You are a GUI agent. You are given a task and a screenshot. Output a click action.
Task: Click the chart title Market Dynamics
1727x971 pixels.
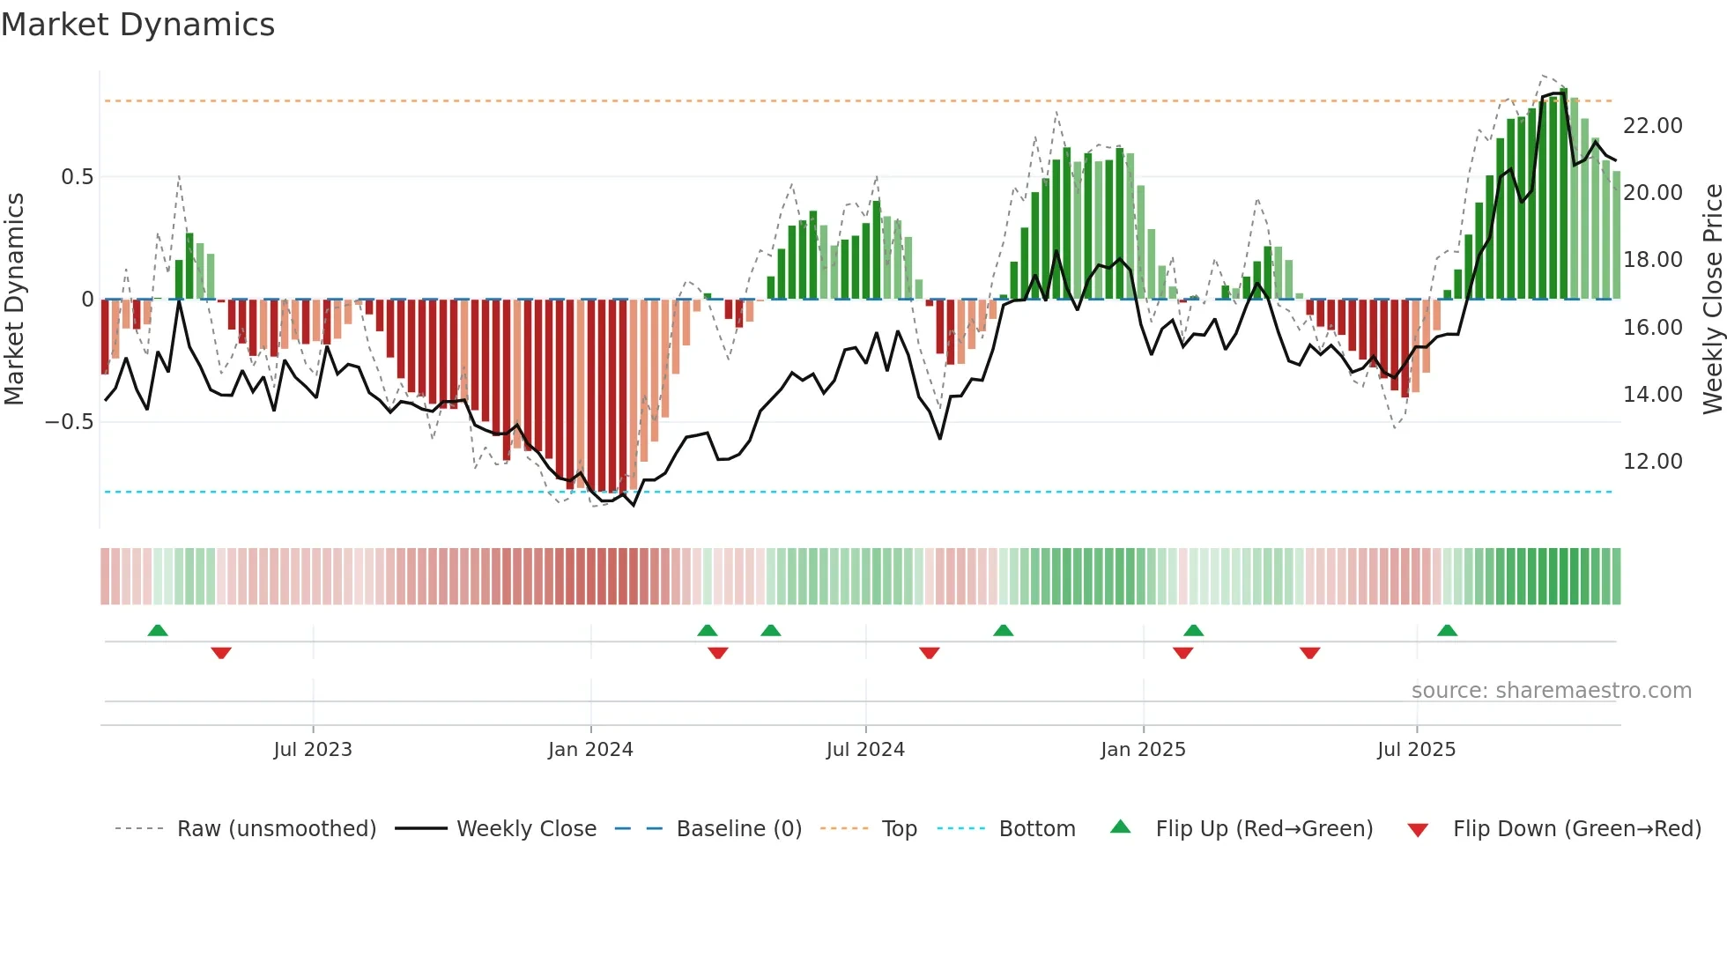[137, 25]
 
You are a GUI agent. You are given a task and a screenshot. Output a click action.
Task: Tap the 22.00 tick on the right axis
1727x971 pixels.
[1652, 126]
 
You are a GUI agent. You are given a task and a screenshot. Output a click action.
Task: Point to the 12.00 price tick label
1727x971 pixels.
[1652, 462]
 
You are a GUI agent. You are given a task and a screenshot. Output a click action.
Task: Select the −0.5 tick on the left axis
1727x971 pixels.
[69, 422]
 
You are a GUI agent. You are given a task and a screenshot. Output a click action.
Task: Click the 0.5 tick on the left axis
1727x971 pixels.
[77, 177]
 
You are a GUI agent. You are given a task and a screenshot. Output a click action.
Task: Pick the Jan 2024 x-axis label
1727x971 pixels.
[590, 750]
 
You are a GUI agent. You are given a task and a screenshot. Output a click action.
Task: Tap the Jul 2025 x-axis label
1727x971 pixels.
[1416, 750]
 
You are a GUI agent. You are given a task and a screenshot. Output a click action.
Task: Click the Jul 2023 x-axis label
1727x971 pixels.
[312, 750]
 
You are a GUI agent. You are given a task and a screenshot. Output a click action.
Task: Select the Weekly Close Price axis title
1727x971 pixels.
[1712, 299]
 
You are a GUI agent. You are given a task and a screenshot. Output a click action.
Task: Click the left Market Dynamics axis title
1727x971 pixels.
[14, 299]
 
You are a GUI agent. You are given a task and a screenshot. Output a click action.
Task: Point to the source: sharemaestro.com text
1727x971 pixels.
[1551, 691]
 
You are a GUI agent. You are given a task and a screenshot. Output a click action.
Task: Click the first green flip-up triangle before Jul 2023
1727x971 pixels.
[158, 631]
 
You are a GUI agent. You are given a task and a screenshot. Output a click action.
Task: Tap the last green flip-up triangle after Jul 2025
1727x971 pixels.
[1447, 631]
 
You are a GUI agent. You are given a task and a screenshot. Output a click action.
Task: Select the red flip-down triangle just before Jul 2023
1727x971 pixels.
[221, 653]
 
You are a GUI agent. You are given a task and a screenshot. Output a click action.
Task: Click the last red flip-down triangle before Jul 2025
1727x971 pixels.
[1309, 653]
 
